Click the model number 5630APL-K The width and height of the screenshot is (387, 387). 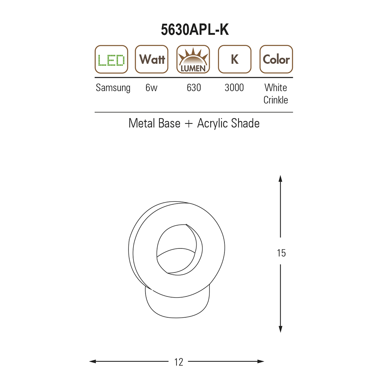(195, 30)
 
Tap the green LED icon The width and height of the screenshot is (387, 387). (111, 59)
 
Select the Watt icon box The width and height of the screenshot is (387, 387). (152, 59)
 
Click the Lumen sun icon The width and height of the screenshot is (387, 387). (193, 59)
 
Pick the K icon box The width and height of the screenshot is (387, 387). (235, 59)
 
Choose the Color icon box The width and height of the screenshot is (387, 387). (276, 59)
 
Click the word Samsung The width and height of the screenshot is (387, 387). (113, 88)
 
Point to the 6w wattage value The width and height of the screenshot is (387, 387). (151, 87)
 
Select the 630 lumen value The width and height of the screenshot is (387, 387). (194, 87)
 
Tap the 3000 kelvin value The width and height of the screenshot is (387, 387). (234, 87)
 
